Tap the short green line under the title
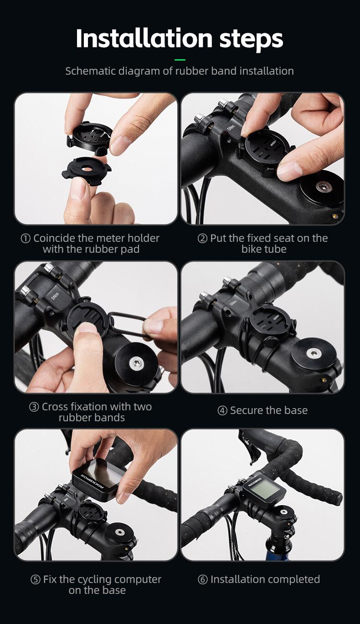coord(180,60)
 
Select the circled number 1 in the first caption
coord(26,238)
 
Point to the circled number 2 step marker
coord(202,238)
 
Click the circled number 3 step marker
coord(34,407)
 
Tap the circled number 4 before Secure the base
coord(222,410)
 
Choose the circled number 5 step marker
coord(36,580)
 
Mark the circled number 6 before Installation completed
coord(203,580)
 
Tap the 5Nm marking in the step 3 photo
coord(55,297)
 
